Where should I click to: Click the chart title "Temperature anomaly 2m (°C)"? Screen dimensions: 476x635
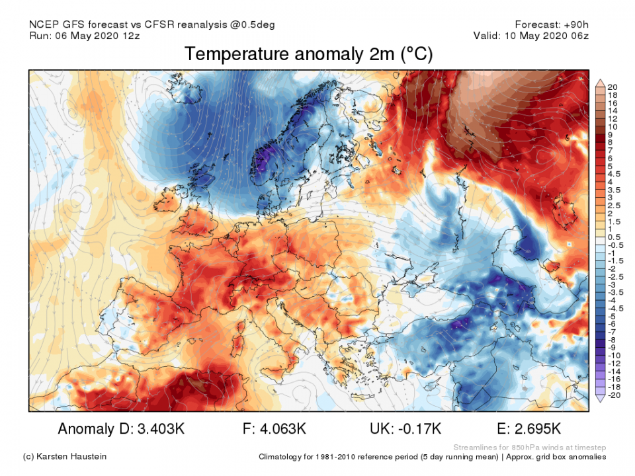[309, 54]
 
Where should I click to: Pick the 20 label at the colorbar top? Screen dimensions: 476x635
[612, 87]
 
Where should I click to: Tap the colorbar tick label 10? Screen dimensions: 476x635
[612, 126]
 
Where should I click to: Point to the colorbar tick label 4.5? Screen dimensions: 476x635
[614, 174]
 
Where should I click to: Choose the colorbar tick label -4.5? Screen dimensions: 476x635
[614, 307]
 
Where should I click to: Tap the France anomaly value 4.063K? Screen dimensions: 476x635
[278, 429]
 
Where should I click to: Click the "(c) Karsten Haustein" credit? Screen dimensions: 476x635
[65, 457]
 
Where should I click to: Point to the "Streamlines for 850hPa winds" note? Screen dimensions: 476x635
[529, 447]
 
